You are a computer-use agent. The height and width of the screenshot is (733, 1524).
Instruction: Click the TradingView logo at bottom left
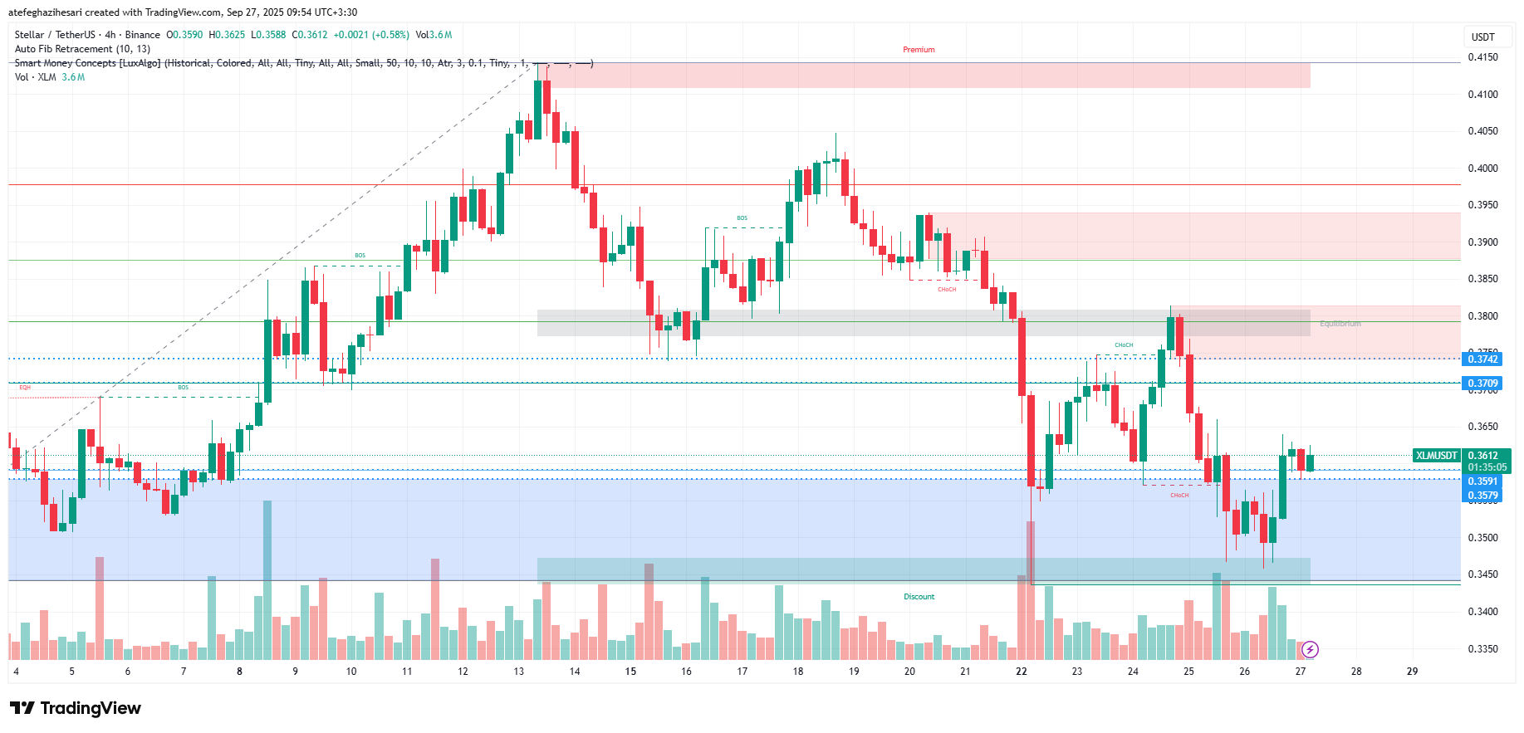coord(76,708)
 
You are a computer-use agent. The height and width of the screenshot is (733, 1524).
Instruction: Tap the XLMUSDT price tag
coord(1437,456)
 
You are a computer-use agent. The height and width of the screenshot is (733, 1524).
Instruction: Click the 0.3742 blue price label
coord(1482,359)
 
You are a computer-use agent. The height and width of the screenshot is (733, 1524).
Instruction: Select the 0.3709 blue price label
coord(1482,384)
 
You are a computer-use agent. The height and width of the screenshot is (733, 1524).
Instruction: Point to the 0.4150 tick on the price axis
coord(1482,57)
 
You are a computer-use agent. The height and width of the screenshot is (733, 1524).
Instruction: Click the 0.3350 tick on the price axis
coord(1482,649)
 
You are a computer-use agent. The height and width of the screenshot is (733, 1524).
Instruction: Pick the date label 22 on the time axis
coord(1021,672)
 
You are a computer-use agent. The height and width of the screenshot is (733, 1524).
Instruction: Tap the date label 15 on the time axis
coord(630,672)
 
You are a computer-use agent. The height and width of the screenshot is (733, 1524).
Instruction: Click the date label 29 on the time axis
coord(1412,672)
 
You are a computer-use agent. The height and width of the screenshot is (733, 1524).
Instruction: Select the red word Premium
coord(919,50)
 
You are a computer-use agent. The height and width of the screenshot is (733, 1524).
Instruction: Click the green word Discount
coord(919,597)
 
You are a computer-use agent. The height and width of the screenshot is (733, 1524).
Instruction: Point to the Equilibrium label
coord(1340,324)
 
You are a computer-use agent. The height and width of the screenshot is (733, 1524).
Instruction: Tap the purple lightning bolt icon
coord(1310,649)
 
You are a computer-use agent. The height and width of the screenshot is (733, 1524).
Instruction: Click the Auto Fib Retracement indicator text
coord(82,49)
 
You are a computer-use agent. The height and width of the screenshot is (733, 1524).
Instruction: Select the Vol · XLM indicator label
coord(36,77)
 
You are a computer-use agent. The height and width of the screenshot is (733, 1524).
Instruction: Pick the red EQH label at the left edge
coord(25,388)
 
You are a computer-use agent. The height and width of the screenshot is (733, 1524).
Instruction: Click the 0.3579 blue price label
coord(1482,496)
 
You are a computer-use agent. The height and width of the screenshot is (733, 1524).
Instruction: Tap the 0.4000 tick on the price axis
coord(1482,169)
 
